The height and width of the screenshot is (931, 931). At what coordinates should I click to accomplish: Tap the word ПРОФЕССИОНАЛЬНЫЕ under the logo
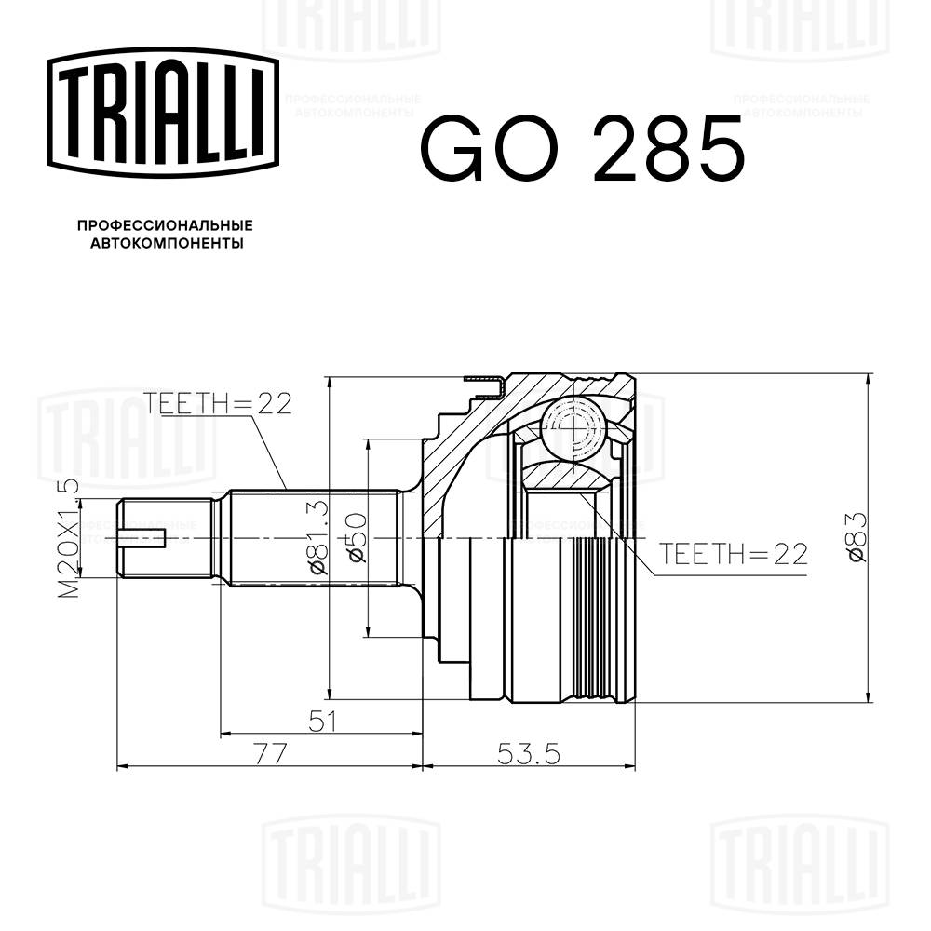[165, 225]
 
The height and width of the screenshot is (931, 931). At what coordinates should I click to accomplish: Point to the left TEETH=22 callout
[218, 403]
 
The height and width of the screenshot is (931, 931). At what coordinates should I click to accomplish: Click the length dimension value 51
[319, 721]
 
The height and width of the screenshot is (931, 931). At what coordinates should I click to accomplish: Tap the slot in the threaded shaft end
[144, 538]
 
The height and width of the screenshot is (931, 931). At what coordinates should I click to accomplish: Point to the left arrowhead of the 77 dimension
[120, 767]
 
